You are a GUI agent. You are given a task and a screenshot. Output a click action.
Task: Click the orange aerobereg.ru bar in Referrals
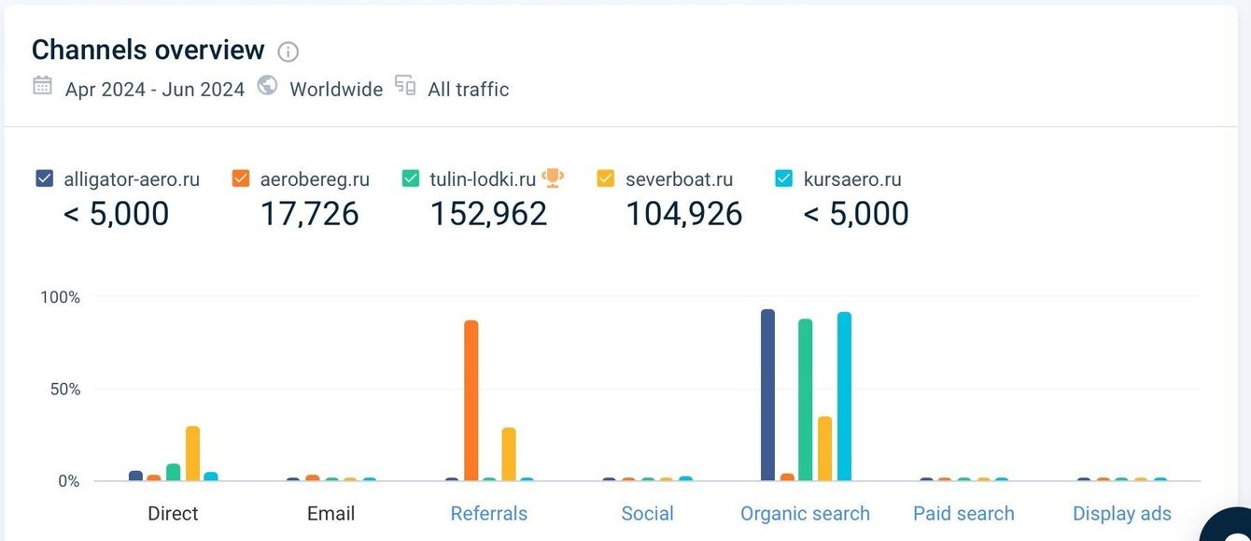471,401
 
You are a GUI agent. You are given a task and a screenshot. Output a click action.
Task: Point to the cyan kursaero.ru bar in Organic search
844,396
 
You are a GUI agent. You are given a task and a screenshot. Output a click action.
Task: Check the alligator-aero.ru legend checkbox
44,178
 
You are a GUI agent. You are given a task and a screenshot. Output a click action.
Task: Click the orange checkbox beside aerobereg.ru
241,178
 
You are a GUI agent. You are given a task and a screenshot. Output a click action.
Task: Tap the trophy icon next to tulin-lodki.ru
553,177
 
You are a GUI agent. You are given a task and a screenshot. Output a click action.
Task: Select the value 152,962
488,214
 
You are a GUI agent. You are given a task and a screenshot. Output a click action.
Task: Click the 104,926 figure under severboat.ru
683,214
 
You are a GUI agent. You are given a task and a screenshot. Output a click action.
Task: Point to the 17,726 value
309,214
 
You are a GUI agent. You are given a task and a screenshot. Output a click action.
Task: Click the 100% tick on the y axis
60,297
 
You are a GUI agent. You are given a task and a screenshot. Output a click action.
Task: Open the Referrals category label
488,513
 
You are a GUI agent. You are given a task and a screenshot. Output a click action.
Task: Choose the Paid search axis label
963,513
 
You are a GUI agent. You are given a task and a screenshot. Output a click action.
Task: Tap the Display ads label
1121,513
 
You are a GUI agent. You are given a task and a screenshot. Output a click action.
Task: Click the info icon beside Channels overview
288,51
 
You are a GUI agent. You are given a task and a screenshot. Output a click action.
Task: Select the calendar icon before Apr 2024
42,86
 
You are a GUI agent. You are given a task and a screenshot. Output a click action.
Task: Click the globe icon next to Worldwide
267,86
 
